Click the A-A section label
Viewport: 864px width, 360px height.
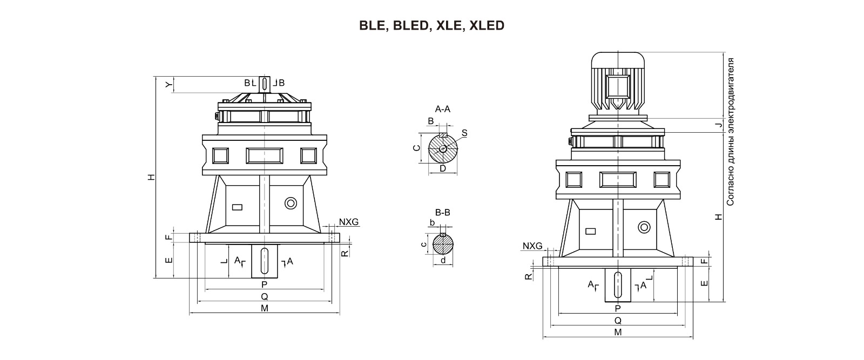coord(442,109)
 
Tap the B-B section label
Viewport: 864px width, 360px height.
coord(443,212)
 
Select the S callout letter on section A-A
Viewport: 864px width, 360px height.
coord(464,133)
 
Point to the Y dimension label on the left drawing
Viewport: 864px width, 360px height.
coord(168,84)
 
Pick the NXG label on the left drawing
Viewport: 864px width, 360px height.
coord(348,222)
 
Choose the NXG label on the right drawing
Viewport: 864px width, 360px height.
coord(532,246)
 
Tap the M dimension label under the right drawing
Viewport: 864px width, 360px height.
coord(618,332)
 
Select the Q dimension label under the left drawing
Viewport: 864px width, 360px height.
coord(265,296)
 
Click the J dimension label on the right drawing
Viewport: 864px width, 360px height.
coord(718,125)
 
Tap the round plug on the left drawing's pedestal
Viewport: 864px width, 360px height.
coord(291,203)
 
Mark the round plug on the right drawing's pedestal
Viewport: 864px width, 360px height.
coord(644,227)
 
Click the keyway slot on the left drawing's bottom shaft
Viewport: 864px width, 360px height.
coord(265,261)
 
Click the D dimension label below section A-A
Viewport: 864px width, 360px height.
coord(443,168)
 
